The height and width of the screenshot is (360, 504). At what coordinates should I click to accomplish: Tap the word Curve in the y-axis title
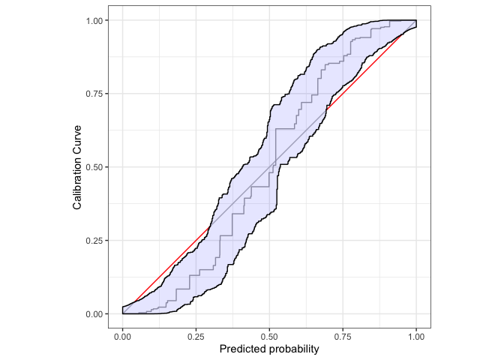[x=77, y=137]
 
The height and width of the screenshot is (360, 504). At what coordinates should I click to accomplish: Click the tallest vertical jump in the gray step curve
[x=275, y=145]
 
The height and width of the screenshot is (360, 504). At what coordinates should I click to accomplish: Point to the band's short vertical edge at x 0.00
[x=123, y=310]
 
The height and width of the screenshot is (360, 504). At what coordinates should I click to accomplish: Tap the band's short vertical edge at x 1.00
[x=416, y=23]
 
